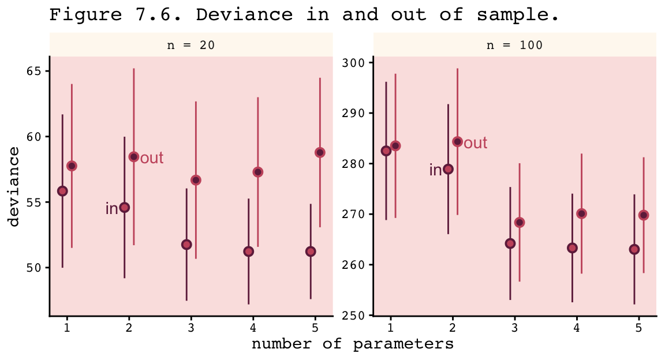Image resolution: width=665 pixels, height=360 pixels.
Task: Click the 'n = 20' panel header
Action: pos(191,46)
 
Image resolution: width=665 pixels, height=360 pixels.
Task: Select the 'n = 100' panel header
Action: pos(515,46)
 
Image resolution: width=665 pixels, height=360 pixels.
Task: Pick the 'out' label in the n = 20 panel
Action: pos(152,158)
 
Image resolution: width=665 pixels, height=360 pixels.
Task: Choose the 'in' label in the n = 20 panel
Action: pos(111,209)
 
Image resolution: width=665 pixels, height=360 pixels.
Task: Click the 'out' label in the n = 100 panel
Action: pos(476,143)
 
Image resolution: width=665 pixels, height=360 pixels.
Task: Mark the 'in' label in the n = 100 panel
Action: pos(435,170)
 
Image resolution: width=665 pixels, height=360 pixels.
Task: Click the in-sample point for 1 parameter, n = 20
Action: pos(62,191)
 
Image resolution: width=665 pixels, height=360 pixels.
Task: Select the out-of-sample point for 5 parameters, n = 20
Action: pos(320,152)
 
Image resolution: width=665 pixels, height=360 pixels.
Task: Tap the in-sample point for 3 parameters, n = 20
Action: pos(186,245)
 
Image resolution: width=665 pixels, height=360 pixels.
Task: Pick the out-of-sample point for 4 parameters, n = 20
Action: pos(258,172)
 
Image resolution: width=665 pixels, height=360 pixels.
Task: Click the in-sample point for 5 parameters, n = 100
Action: pos(634,249)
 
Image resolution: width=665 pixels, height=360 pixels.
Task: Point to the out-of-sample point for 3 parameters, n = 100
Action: pos(520,222)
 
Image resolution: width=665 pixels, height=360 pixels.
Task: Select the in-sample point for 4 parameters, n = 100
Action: pos(572,248)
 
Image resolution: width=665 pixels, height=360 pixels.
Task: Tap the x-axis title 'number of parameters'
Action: pos(352,344)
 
